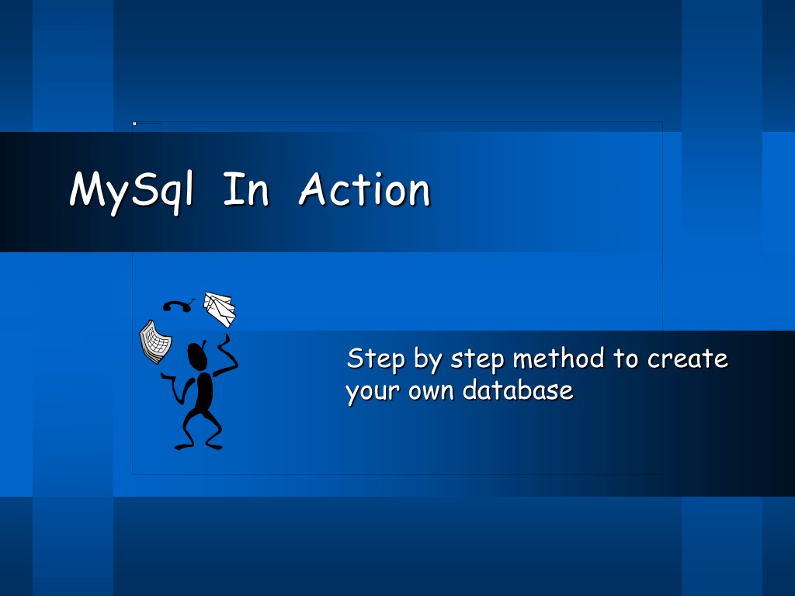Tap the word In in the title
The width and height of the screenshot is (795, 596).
pos(246,189)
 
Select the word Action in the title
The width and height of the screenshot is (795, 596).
pos(365,189)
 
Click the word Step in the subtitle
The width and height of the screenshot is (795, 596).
pos(376,359)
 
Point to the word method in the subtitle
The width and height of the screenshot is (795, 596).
pos(558,359)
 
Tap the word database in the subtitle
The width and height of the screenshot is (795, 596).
pos(518,390)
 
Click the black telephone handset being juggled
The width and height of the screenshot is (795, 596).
pos(178,305)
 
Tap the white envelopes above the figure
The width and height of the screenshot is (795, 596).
pos(220,309)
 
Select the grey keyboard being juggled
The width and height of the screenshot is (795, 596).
pos(155,342)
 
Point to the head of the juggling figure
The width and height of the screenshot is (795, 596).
pos(197,355)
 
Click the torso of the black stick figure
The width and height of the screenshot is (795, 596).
pos(204,392)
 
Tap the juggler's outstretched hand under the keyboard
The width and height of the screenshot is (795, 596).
pos(166,376)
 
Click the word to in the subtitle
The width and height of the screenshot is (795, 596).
pos(626,359)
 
